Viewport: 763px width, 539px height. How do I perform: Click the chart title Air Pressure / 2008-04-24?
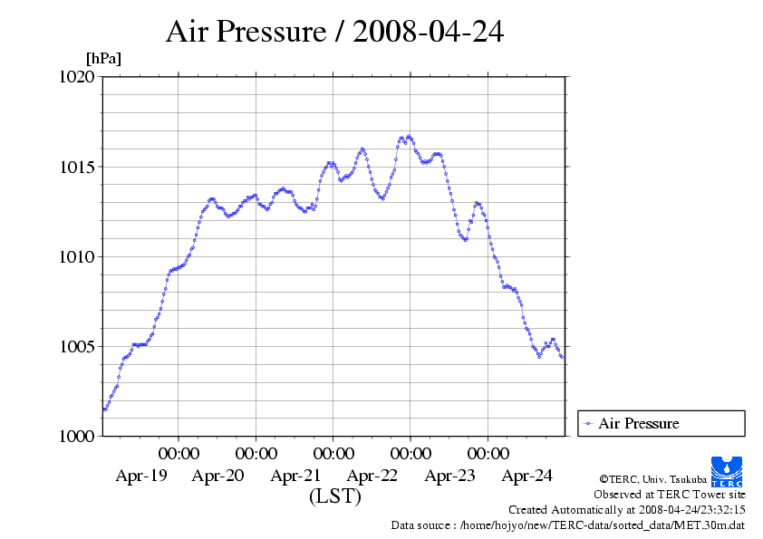tap(334, 32)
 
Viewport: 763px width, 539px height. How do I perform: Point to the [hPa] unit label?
tap(103, 58)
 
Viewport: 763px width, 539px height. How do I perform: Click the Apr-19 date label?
tap(140, 475)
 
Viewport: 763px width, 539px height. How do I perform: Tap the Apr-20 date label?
tap(217, 475)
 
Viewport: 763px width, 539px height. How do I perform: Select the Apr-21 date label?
tap(295, 475)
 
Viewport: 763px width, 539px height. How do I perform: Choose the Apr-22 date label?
tap(372, 475)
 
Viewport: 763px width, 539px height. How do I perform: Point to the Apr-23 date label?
tap(449, 475)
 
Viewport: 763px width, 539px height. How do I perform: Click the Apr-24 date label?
tap(526, 475)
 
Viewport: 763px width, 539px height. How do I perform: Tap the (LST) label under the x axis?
tap(334, 496)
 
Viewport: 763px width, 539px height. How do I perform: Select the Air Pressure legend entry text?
tap(638, 423)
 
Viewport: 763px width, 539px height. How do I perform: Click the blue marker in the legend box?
tap(589, 423)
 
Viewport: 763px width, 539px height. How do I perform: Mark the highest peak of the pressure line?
tap(410, 137)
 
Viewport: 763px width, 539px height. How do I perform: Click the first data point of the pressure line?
tap(104, 409)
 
